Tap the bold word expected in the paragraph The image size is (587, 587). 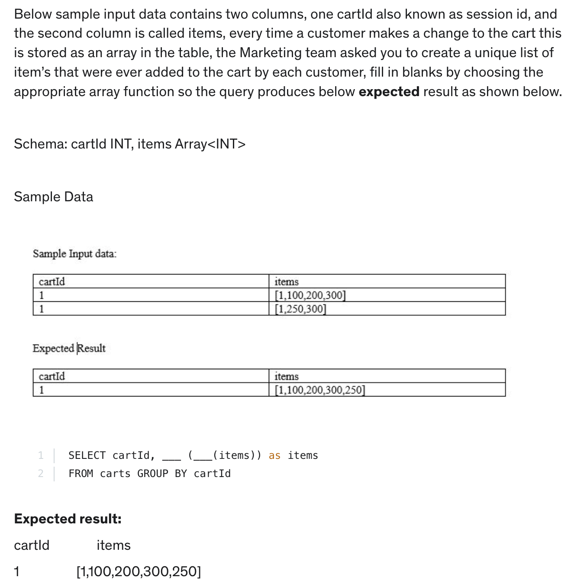[389, 92]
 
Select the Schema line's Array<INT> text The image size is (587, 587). [210, 144]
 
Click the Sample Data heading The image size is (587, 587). [53, 197]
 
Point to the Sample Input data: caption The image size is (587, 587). [74, 254]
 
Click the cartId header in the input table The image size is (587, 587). [52, 282]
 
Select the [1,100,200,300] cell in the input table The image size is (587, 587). [310, 296]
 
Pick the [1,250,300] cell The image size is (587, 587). [300, 309]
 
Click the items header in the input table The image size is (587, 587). [286, 282]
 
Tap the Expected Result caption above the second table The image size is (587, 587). [69, 348]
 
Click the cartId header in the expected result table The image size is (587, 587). [52, 377]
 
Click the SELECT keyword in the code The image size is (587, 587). [87, 455]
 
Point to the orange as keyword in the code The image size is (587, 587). [274, 455]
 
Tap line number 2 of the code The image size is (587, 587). [41, 474]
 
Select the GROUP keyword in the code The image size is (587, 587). [152, 474]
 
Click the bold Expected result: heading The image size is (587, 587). [68, 519]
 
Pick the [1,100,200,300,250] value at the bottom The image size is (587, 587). [139, 572]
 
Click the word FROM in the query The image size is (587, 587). [81, 474]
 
